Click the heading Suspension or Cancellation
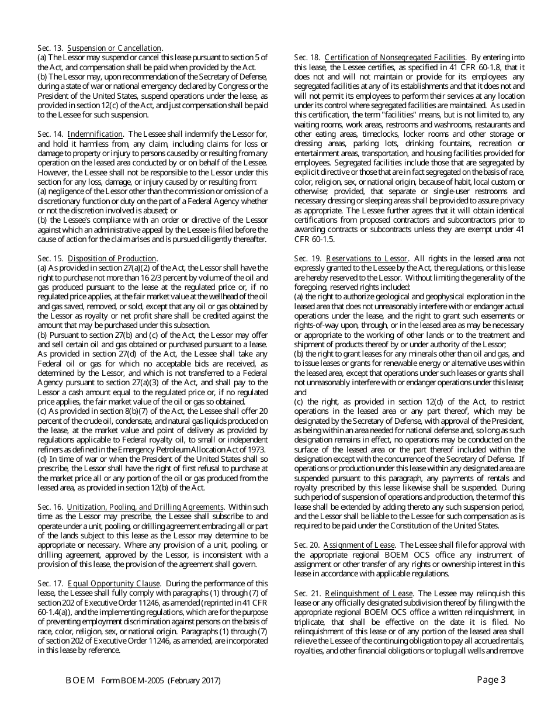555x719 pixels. click(115, 48)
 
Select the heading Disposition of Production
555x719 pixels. click(112, 258)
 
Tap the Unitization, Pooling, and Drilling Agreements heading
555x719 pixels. click(145, 507)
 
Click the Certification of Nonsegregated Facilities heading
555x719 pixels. click(395, 57)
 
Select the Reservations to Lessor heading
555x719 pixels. click(366, 258)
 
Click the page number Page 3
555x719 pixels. click(491, 679)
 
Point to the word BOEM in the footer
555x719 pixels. click(80, 680)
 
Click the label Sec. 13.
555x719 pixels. click(50, 48)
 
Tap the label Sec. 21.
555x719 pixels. click(307, 593)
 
